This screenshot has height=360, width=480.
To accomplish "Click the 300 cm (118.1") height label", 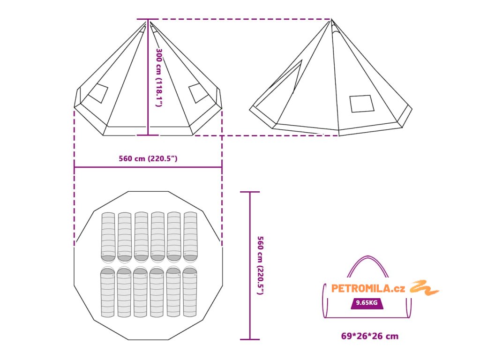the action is pyautogui.click(x=159, y=77).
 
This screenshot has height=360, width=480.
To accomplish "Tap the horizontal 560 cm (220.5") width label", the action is pyautogui.click(x=148, y=158).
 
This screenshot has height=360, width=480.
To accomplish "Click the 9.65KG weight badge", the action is pyautogui.click(x=367, y=303).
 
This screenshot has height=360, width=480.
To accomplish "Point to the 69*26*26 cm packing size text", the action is pyautogui.click(x=370, y=336).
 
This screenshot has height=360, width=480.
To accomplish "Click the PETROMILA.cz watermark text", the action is pyautogui.click(x=368, y=288).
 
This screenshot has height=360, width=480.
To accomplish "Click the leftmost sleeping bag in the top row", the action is pyautogui.click(x=108, y=236).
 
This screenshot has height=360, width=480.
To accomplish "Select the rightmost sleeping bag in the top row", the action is pyautogui.click(x=191, y=236).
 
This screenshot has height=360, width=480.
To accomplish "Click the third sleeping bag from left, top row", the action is pyautogui.click(x=142, y=236).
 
